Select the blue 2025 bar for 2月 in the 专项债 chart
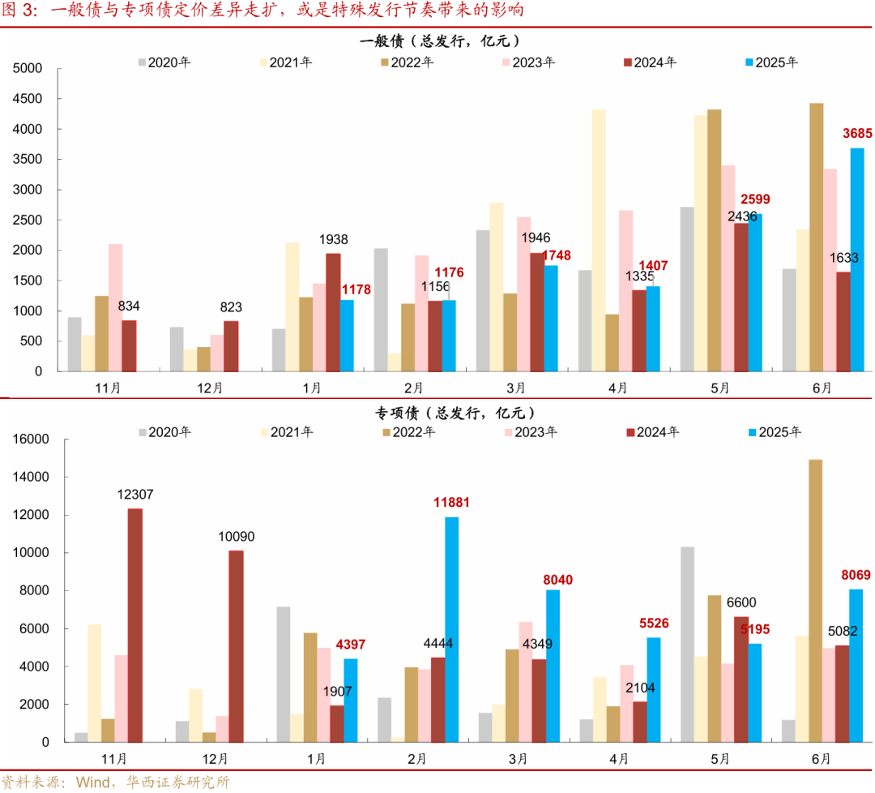click(x=451, y=629)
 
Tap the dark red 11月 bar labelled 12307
click(x=135, y=624)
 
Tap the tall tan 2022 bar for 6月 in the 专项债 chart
click(x=816, y=600)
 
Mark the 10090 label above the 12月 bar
click(x=236, y=536)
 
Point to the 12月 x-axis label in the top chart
click(x=210, y=388)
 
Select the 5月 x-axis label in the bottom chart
click(x=720, y=759)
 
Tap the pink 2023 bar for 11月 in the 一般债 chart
click(x=116, y=307)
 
